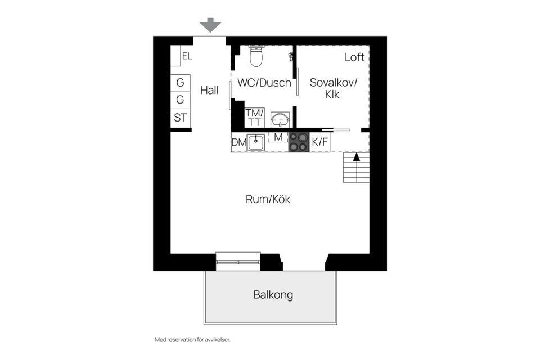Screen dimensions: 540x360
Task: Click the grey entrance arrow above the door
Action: [210, 25]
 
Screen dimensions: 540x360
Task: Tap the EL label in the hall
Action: [187, 56]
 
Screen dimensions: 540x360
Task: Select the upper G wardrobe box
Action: [180, 83]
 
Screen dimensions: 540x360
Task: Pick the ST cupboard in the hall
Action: [180, 118]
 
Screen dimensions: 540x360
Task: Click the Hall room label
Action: [209, 90]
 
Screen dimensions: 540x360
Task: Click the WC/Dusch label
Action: [264, 83]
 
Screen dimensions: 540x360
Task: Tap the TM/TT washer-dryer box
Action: [255, 118]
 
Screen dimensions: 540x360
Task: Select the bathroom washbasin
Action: [280, 120]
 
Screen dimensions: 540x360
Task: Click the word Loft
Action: [354, 57]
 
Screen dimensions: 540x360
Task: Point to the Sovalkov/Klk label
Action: [333, 88]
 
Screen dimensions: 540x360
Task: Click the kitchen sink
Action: [256, 142]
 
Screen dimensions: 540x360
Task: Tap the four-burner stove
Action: [299, 142]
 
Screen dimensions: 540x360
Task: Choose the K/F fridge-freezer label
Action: [320, 142]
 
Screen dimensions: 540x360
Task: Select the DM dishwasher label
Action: [239, 142]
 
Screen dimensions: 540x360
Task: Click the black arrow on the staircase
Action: [357, 157]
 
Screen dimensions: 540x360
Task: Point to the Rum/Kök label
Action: [268, 199]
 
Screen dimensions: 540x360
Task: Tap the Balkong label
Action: [273, 295]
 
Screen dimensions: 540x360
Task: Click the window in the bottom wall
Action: [238, 262]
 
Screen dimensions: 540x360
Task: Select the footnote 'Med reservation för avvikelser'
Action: [192, 340]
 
